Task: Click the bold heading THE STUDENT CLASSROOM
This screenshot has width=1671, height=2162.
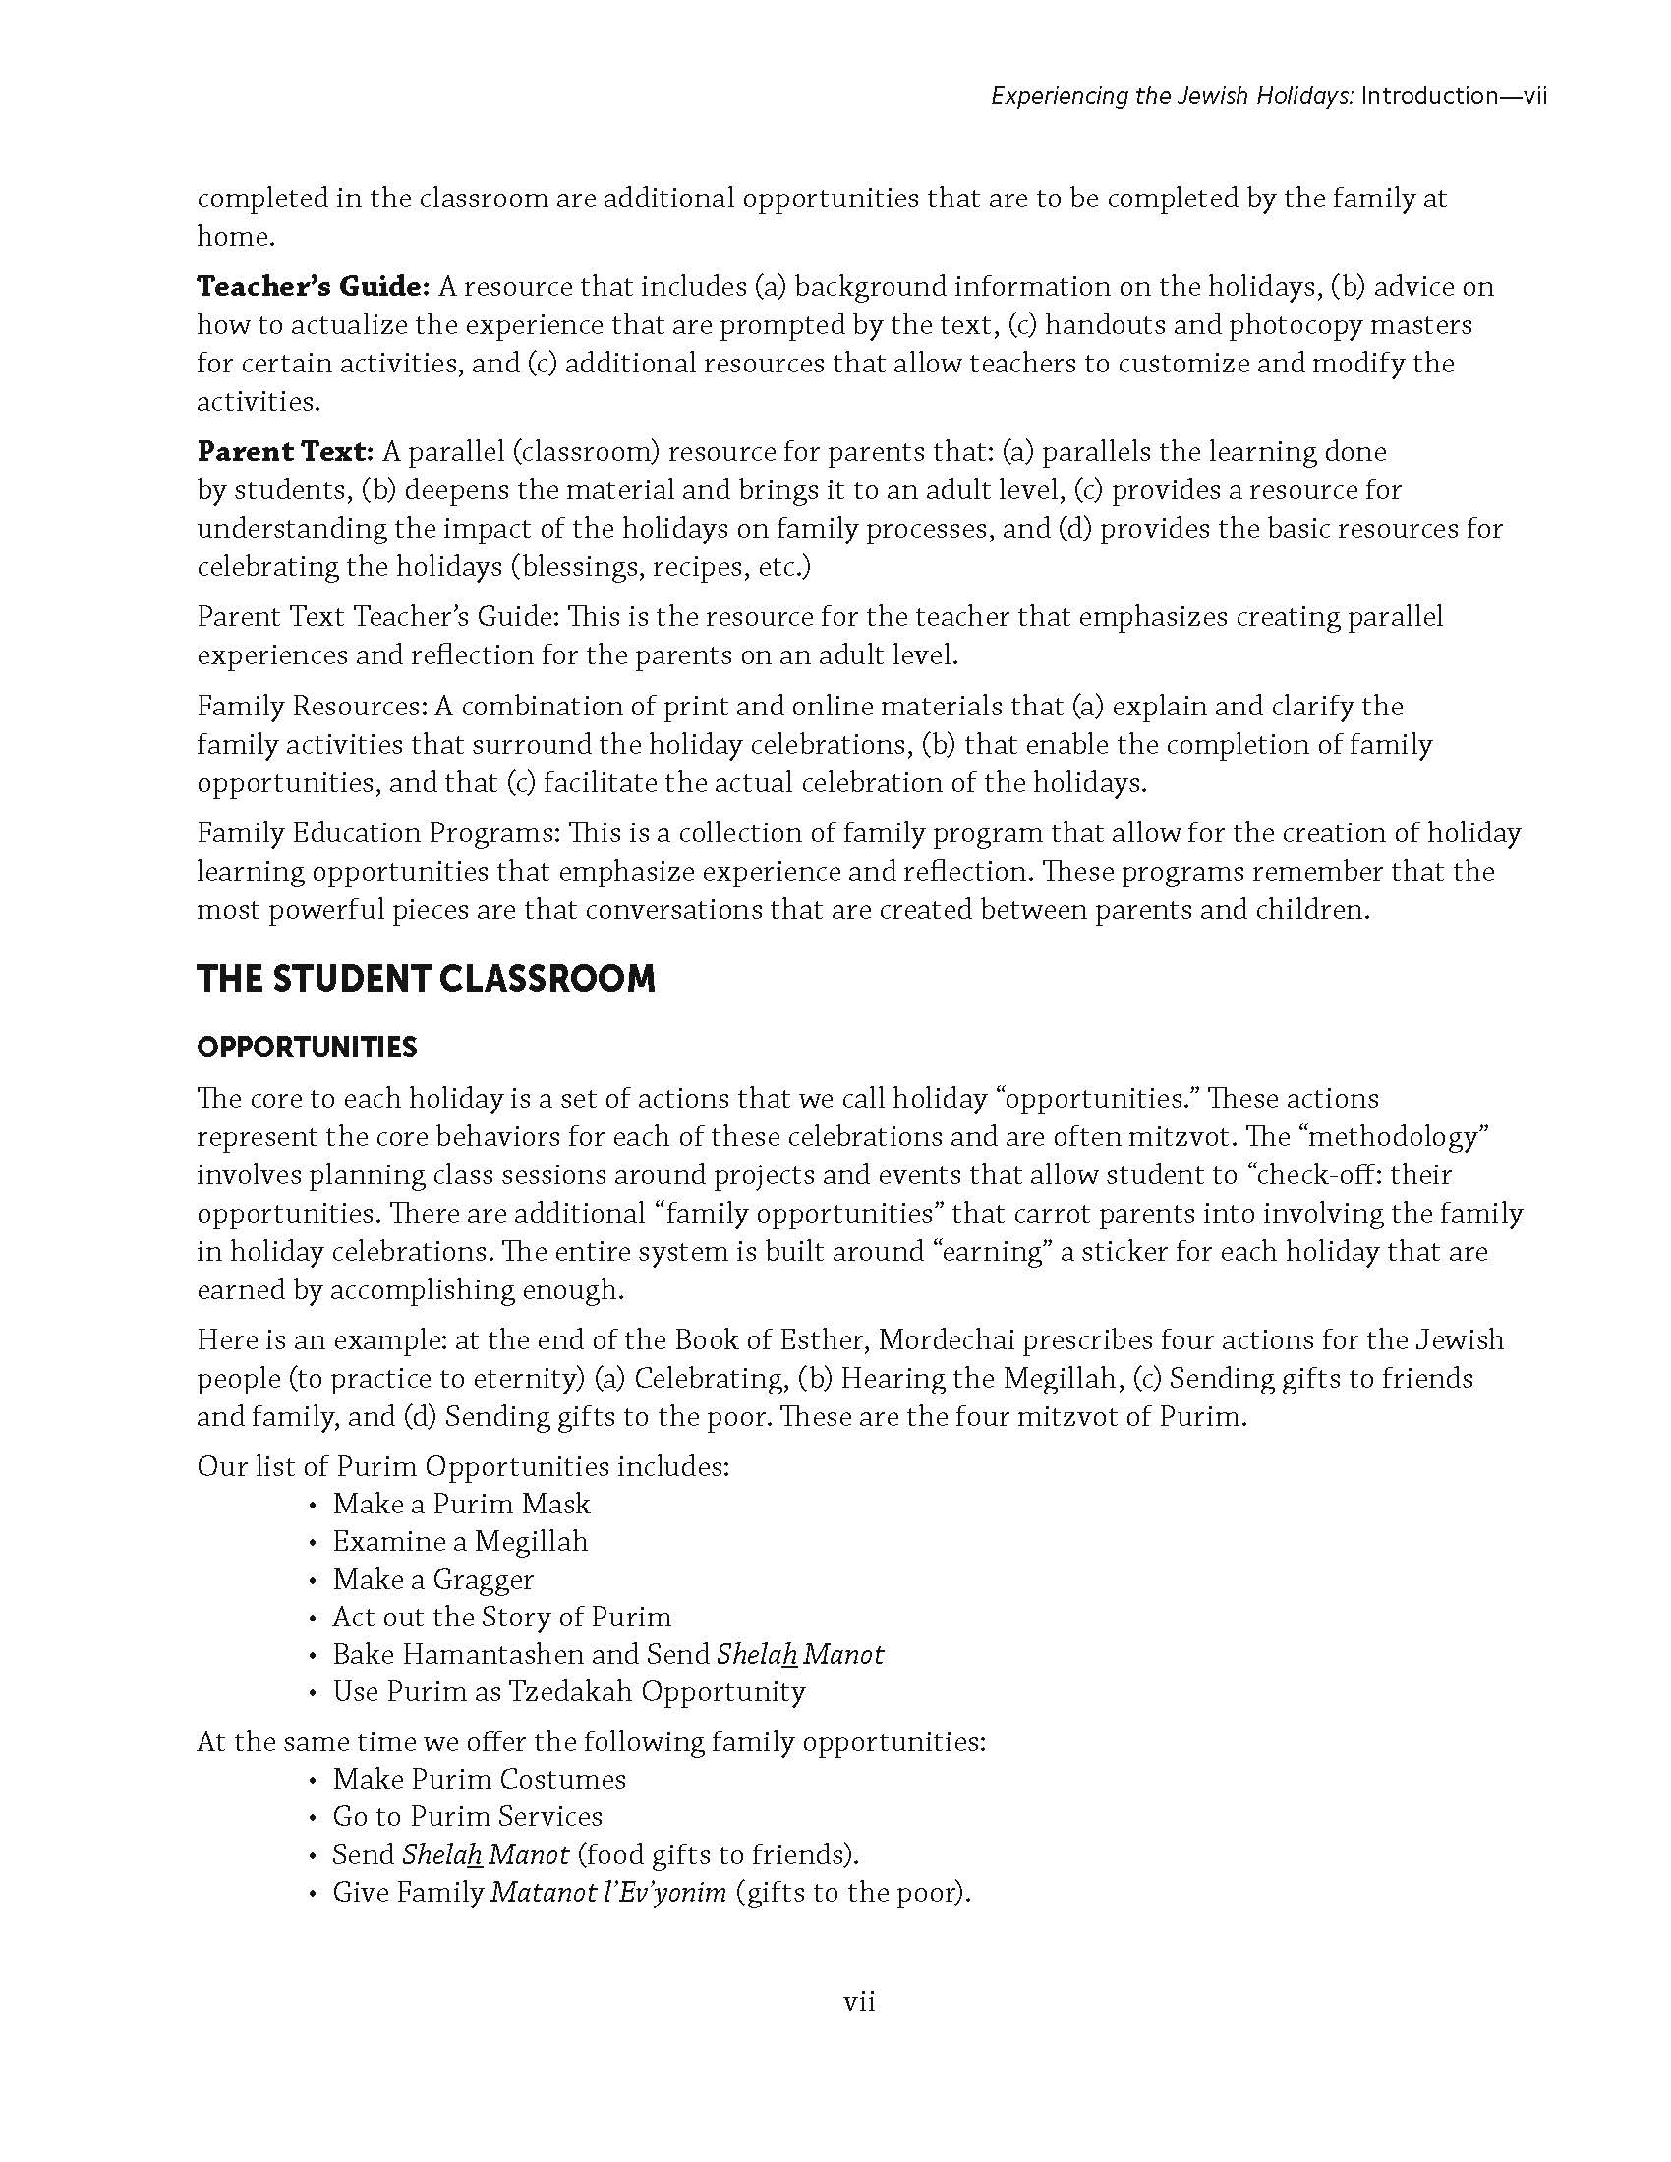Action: (x=426, y=979)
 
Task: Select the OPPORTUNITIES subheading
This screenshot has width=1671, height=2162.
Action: (x=307, y=1048)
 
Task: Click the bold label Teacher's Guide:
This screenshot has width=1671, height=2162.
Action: (x=313, y=287)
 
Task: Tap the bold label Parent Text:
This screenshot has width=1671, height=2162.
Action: (x=285, y=452)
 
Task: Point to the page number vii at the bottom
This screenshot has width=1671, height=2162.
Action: (x=859, y=2002)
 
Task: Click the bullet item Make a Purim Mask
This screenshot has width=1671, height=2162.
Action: (x=461, y=1504)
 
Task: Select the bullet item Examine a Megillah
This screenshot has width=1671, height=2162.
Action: (x=460, y=1541)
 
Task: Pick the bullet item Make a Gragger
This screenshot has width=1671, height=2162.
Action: (x=433, y=1579)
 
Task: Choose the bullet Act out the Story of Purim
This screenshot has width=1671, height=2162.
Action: (x=502, y=1617)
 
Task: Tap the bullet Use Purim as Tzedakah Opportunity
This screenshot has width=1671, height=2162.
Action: (x=569, y=1692)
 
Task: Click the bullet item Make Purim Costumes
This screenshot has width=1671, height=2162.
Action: (x=479, y=1779)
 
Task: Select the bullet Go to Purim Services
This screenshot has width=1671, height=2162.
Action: (x=467, y=1816)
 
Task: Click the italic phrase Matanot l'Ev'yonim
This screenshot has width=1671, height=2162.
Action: (x=608, y=1893)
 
